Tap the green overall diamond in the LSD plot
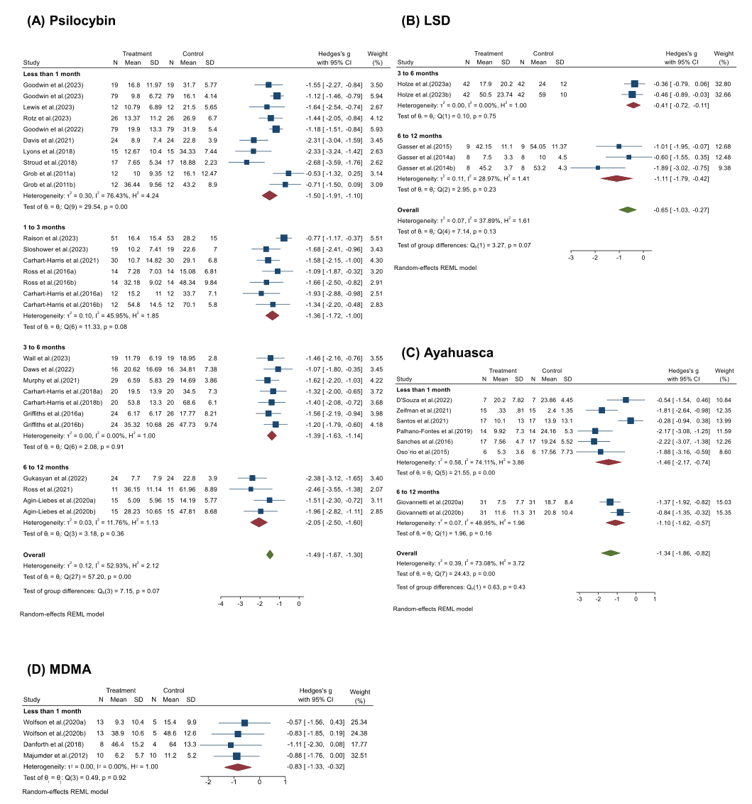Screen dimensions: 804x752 626,210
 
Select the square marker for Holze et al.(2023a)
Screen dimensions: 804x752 634,83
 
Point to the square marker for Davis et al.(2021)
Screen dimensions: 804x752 254,141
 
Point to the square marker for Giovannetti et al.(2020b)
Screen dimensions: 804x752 620,512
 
